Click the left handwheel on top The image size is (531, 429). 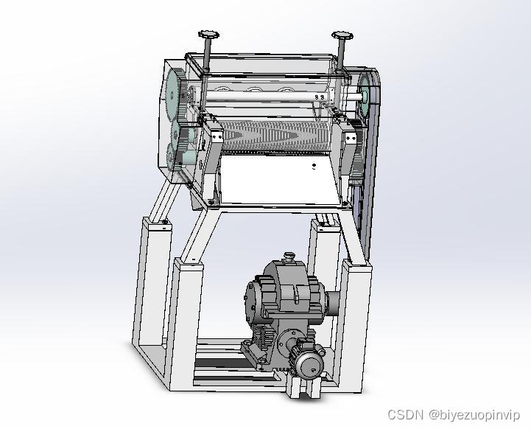208,34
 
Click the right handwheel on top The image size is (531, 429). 342,35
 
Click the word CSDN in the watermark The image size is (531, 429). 406,414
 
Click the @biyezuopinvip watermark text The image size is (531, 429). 474,415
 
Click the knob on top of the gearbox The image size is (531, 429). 289,256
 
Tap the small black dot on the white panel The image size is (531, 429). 314,166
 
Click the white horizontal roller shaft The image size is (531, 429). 267,97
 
